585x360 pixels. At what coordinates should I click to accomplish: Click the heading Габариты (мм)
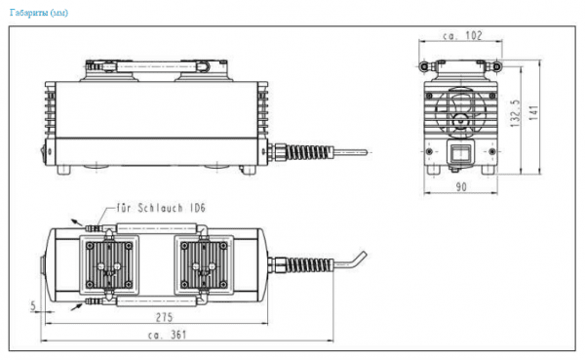(39, 13)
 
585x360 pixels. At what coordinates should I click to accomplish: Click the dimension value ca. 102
(462, 36)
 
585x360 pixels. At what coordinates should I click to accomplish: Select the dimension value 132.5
(516, 113)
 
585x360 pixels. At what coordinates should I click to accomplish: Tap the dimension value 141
(534, 113)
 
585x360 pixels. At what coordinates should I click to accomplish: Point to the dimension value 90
(461, 186)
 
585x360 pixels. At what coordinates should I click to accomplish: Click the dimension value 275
(164, 317)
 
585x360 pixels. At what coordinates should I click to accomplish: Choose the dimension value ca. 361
(167, 335)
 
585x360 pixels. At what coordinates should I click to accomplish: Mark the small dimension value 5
(33, 306)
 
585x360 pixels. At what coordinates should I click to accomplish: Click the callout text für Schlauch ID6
(161, 208)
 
